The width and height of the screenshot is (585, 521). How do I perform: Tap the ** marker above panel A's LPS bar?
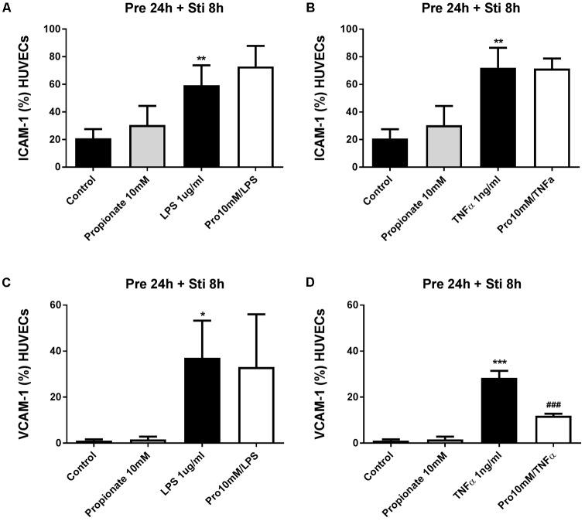point(201,58)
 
